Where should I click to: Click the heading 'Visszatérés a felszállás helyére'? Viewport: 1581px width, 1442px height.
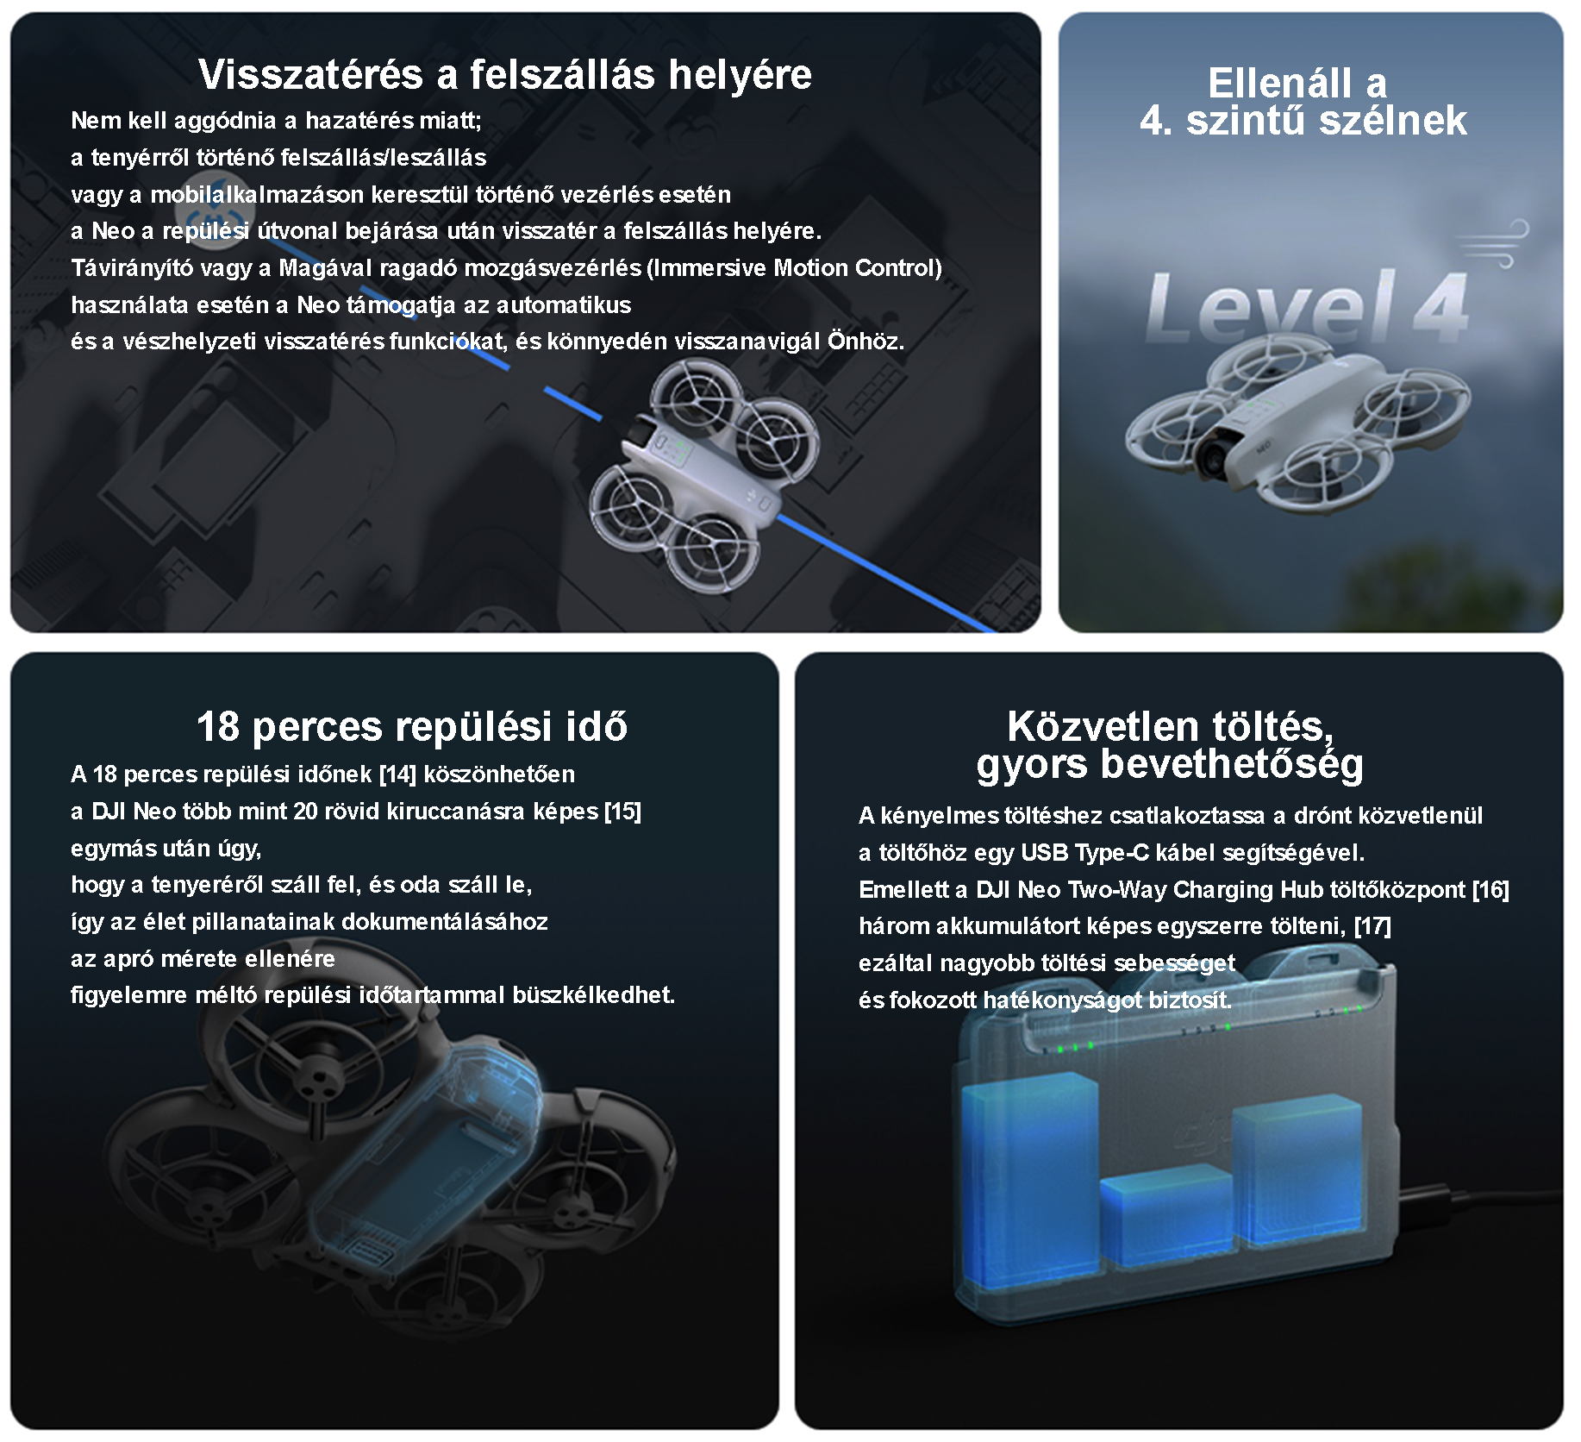pos(505,74)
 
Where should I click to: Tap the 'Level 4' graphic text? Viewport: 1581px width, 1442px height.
pos(1306,307)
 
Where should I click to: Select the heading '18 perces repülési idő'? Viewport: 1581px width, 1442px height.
pos(412,726)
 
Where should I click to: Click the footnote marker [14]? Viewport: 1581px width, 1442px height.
pos(397,774)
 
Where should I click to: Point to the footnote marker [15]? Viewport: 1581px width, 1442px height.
pos(623,811)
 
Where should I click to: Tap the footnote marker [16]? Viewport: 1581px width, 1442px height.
pos(1490,889)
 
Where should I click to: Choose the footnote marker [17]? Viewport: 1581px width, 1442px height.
pos(1372,926)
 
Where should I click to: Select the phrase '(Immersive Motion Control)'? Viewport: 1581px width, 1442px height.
pos(794,268)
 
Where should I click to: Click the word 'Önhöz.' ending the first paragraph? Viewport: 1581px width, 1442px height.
pos(865,342)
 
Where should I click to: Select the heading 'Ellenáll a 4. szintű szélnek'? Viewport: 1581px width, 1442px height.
pos(1303,102)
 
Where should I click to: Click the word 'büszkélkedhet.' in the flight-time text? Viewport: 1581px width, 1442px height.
pos(593,995)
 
